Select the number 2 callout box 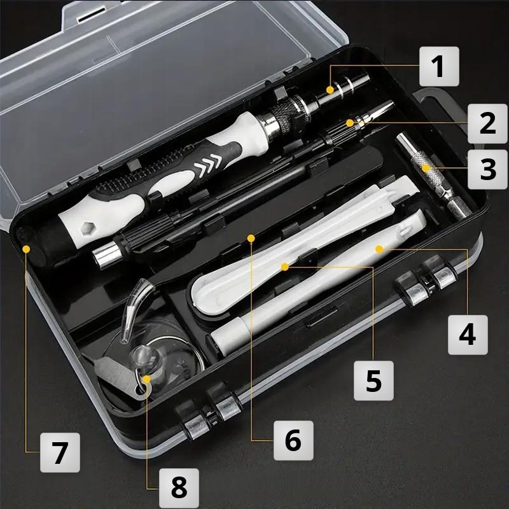487,122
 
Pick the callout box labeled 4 468,334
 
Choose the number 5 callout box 373,380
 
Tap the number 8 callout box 179,488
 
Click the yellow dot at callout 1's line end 330,90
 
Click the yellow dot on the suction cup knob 147,380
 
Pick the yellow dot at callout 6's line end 252,238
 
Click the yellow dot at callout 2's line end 349,122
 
